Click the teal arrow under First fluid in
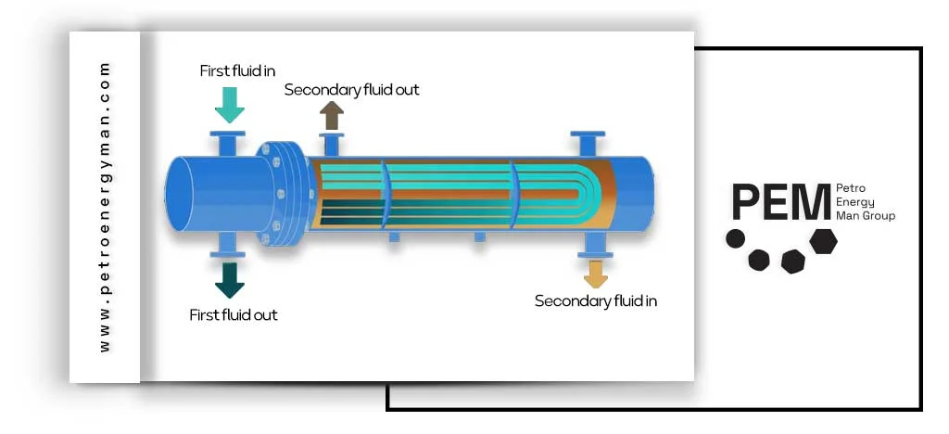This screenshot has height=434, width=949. point(229,104)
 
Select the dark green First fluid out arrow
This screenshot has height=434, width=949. point(229,278)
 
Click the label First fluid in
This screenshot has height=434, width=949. point(237,70)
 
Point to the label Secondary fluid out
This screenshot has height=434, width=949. point(351,90)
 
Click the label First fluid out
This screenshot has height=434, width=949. point(234,314)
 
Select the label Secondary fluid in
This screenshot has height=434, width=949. point(596,300)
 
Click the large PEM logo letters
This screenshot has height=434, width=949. point(780,202)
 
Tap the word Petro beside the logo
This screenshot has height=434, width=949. point(850,188)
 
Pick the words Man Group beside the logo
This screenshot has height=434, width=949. point(866,216)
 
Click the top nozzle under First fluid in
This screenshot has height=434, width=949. point(228,144)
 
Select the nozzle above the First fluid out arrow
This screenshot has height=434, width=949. point(228,245)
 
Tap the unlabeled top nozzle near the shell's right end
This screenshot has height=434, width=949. point(586,145)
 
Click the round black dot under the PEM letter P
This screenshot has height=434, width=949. point(735,238)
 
